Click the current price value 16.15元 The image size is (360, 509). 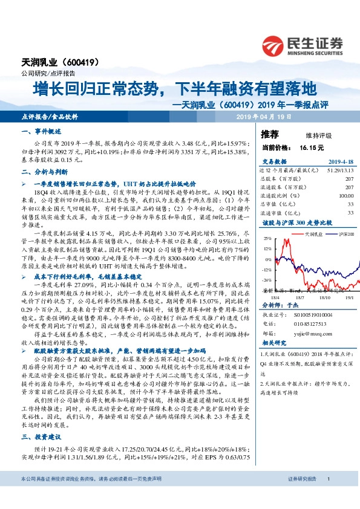point(312,147)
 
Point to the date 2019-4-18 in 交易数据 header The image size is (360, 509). point(339,161)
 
